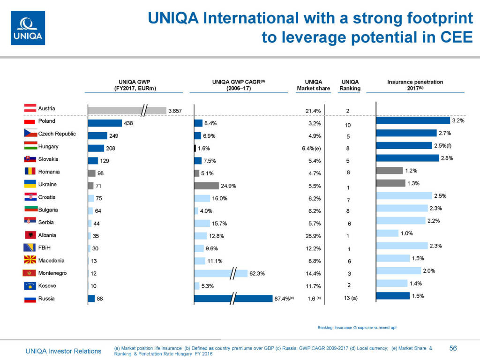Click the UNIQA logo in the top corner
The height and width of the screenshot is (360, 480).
click(x=28, y=28)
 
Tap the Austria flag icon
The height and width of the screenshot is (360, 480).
click(x=30, y=108)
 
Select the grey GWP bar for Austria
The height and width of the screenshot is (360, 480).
click(x=127, y=111)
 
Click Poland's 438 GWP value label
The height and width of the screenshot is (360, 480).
click(x=128, y=123)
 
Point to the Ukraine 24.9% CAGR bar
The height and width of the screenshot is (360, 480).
click(x=206, y=186)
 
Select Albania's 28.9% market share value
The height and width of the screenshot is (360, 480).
click(x=313, y=236)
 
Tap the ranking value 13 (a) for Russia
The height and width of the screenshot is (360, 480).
click(x=348, y=299)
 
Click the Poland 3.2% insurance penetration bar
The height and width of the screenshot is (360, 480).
click(x=412, y=120)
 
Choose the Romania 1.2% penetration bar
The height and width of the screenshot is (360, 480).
click(x=389, y=171)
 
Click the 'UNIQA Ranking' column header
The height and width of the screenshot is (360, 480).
click(x=350, y=85)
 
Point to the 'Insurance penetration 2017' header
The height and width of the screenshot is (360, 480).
click(x=415, y=85)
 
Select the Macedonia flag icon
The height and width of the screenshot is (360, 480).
click(x=30, y=260)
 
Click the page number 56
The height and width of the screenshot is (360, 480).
click(x=453, y=348)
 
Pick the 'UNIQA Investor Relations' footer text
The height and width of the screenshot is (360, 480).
click(x=63, y=351)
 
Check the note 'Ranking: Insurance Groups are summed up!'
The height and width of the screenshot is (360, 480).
click(x=357, y=327)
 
